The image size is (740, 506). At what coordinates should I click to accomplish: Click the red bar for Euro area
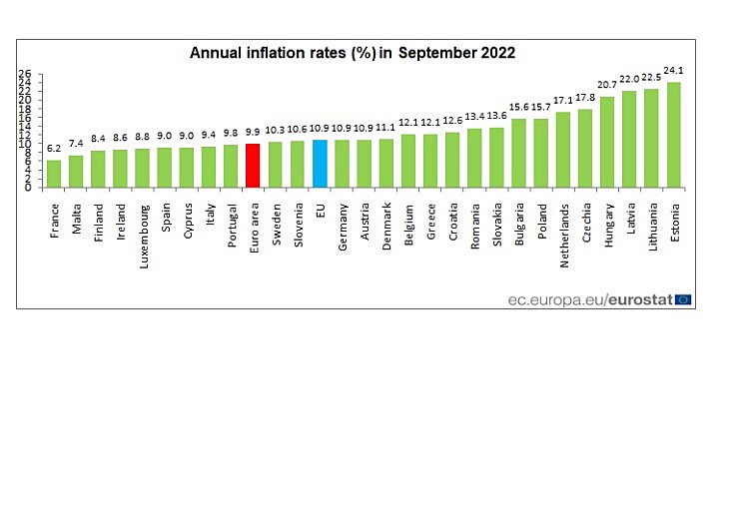tap(253, 166)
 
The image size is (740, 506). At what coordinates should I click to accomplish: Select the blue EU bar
tap(320, 164)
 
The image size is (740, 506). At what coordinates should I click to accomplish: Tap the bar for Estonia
tap(673, 135)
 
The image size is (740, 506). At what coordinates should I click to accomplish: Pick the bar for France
tap(54, 174)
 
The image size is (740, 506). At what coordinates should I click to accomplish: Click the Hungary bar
tap(606, 142)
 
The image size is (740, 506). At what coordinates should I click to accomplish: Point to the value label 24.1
tap(674, 71)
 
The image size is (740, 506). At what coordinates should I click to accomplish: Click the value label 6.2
tap(54, 149)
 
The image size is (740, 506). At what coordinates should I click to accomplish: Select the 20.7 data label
tap(606, 86)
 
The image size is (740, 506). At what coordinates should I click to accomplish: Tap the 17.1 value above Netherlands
tap(562, 101)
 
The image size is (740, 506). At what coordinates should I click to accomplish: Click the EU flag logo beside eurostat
tap(683, 298)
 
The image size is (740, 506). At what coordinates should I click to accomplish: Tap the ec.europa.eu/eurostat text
tap(589, 298)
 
